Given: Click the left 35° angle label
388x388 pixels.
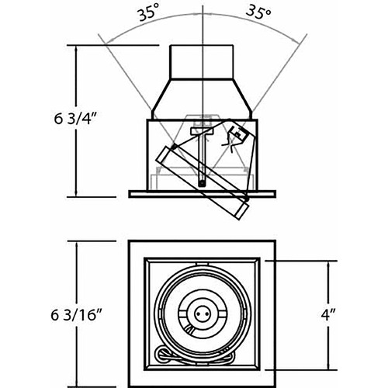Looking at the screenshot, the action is tap(148, 15).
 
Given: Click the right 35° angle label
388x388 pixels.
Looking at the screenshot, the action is tap(258, 12).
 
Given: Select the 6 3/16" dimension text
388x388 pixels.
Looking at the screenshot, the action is tap(76, 315).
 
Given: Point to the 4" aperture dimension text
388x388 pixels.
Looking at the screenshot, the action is tap(328, 315).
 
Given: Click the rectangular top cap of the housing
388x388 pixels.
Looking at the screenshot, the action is tap(202, 61).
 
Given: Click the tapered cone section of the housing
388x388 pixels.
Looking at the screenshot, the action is tap(202, 99).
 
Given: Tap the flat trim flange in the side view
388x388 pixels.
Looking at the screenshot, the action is tap(203, 194).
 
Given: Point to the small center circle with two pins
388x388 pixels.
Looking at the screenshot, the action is tap(201, 314).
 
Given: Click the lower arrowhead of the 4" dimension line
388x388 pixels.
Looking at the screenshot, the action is tap(328, 365).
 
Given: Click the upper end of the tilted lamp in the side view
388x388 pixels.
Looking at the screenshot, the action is tap(165, 154).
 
